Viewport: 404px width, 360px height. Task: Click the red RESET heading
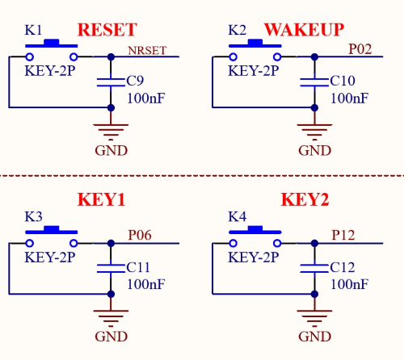click(107, 30)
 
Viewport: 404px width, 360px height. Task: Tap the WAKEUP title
click(304, 30)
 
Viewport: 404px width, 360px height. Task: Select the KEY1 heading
click(101, 199)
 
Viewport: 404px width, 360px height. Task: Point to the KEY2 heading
click(305, 199)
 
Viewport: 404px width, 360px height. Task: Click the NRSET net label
click(147, 50)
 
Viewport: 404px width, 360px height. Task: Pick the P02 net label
click(360, 49)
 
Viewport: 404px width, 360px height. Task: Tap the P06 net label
click(140, 235)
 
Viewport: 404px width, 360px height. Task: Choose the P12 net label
click(343, 235)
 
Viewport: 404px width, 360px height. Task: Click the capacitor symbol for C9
click(111, 82)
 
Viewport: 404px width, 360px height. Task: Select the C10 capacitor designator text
click(343, 81)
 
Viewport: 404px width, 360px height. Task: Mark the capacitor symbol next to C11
click(111, 269)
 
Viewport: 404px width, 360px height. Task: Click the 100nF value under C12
click(349, 284)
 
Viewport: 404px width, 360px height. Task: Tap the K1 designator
click(33, 30)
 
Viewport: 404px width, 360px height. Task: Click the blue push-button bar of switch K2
click(255, 44)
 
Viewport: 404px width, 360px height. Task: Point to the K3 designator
click(33, 216)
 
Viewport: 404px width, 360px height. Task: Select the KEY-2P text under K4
click(254, 257)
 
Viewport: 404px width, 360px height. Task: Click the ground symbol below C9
click(111, 132)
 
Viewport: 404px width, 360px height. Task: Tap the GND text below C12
click(314, 337)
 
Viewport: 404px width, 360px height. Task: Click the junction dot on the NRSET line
click(111, 57)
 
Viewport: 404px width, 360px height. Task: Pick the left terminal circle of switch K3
click(30, 243)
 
